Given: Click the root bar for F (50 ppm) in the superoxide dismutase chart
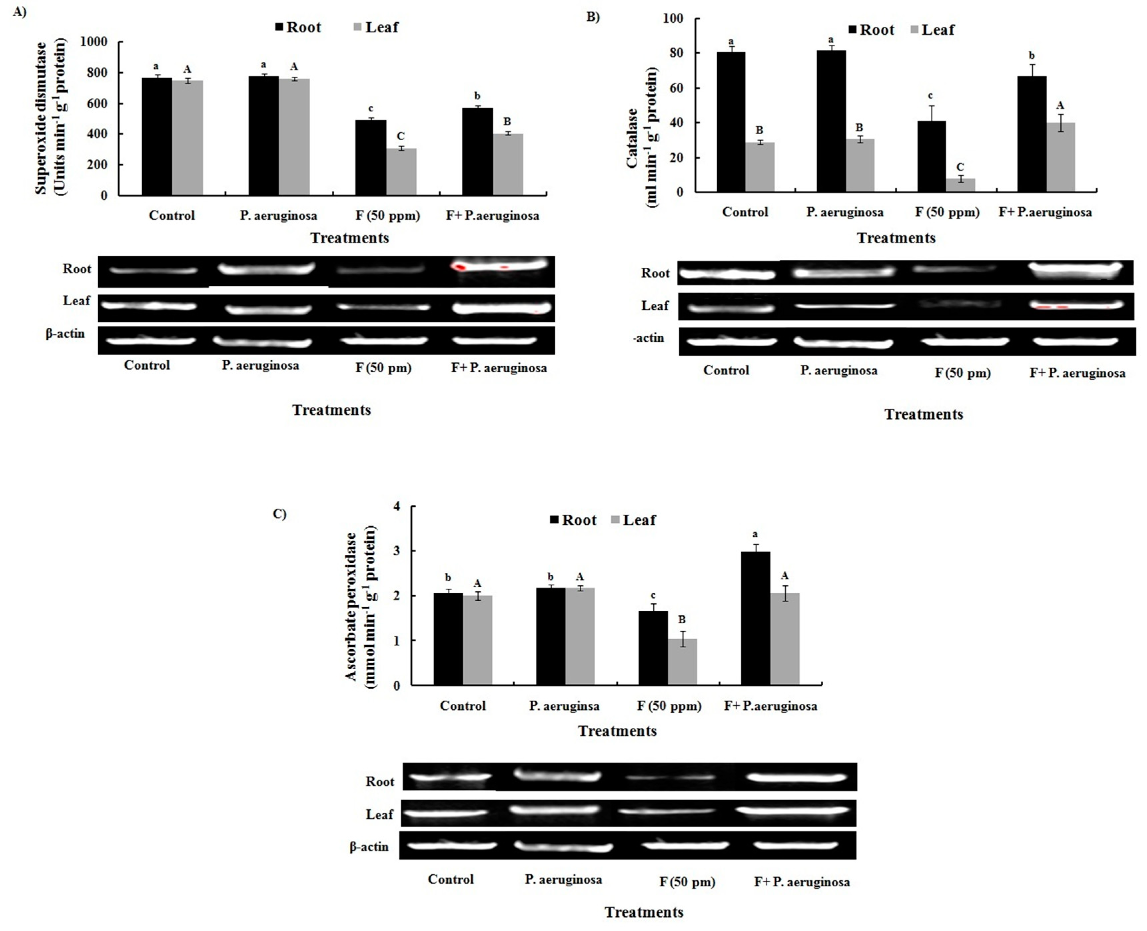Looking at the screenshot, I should tap(371, 158).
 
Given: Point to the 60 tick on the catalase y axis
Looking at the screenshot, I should tap(677, 88).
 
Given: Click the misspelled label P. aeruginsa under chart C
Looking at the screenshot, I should tap(564, 706).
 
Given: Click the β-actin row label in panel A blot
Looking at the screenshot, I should tap(65, 334).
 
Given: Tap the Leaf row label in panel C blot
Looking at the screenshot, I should tap(379, 814).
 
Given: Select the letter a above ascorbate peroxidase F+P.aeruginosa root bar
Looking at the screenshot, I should tap(755, 534).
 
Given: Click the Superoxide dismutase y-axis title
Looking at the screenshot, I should tap(51, 118).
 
